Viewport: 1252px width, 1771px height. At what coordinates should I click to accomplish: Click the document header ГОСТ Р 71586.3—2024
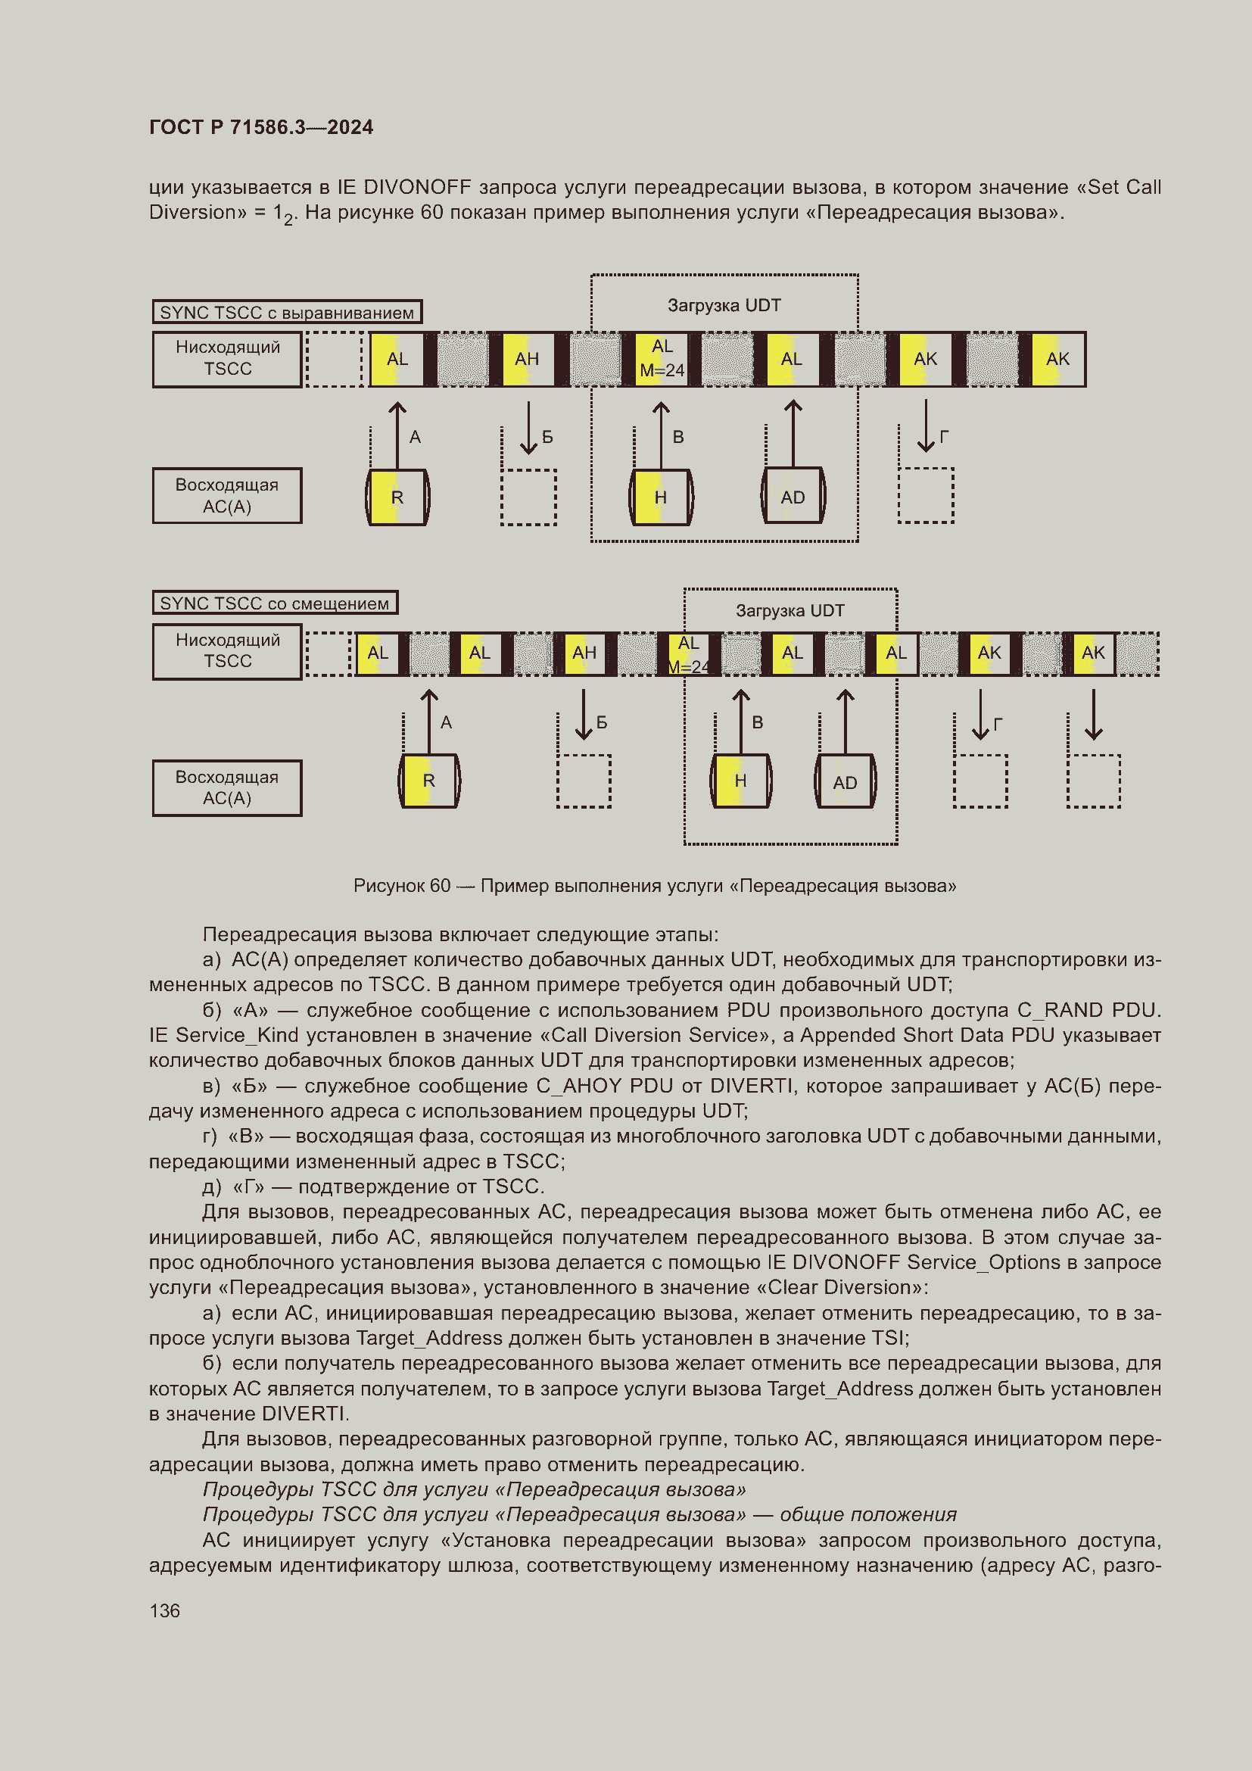[260, 127]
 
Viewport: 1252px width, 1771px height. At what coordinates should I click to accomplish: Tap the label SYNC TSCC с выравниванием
[286, 313]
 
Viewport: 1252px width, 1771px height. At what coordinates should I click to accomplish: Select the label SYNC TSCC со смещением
[275, 603]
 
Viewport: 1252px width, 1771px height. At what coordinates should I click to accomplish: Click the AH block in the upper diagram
[527, 359]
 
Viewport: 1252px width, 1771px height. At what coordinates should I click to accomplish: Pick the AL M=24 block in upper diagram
[662, 359]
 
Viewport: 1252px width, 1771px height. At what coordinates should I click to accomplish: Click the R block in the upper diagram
[397, 497]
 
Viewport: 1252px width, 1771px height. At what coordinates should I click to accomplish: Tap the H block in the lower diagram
[740, 781]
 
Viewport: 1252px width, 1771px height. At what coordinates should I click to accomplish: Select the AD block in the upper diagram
[793, 497]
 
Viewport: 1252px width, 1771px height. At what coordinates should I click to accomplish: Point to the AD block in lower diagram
[845, 783]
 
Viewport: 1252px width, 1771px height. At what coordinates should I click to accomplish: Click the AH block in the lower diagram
[584, 653]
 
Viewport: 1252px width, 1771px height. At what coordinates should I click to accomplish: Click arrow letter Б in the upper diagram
[547, 438]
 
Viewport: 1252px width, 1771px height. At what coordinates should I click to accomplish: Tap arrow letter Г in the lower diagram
[998, 725]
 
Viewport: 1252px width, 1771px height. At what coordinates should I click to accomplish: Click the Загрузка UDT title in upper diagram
[724, 305]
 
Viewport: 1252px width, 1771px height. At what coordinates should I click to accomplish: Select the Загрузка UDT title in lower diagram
[790, 611]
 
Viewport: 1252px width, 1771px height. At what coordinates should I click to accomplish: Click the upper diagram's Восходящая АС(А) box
[226, 496]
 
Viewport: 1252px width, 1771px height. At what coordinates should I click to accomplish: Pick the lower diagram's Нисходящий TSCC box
[226, 651]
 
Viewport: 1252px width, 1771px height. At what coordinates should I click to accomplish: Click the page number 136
[164, 1610]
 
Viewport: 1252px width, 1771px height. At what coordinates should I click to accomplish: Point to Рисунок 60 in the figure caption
[402, 886]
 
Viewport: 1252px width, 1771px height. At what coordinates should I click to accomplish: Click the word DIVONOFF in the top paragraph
[416, 188]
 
